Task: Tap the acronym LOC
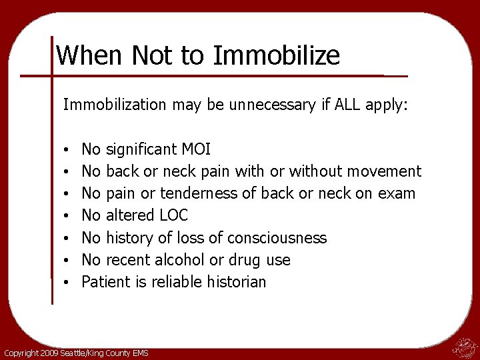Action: coord(174,215)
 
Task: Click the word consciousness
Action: coord(277,237)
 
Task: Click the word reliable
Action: coord(175,282)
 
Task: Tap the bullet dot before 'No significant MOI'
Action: coord(69,149)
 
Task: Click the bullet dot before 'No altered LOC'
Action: coord(69,216)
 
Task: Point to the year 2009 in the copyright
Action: coord(49,353)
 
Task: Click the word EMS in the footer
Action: coord(139,353)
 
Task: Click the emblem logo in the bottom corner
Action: coord(463,347)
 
